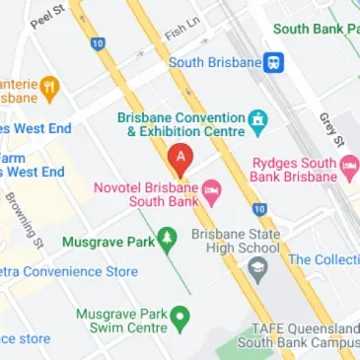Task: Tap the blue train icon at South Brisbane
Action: pos(275,63)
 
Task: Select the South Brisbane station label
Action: pos(214,63)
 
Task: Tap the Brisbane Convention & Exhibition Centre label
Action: pos(180,123)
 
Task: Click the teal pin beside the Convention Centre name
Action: pos(258,122)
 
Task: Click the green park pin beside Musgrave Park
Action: pos(168,238)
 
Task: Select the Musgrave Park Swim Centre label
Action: pos(122,321)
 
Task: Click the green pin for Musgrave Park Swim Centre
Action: pos(180,318)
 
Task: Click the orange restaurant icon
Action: pos(50,90)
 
